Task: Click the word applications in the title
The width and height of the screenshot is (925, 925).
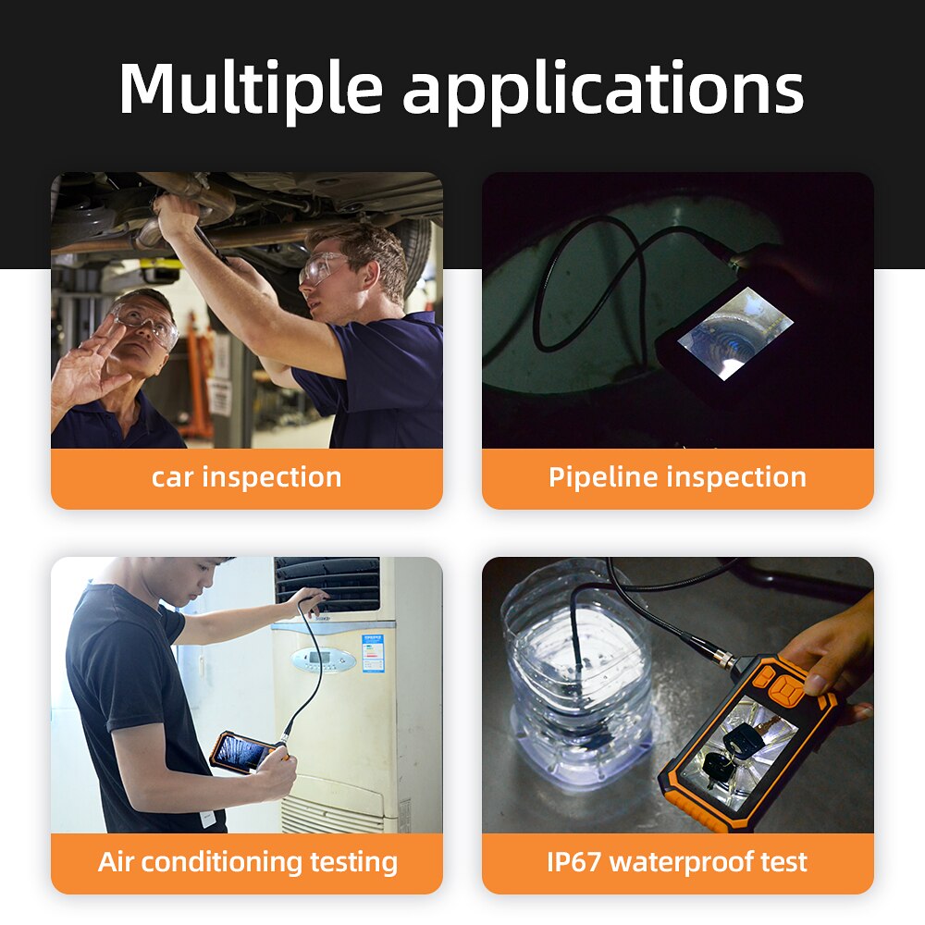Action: tap(603, 91)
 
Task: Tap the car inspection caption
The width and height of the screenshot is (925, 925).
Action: tap(246, 477)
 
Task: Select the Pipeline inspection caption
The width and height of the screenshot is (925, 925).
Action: tap(677, 477)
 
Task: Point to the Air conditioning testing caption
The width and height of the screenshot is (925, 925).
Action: tap(247, 862)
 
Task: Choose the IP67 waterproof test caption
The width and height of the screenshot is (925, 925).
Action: tap(677, 862)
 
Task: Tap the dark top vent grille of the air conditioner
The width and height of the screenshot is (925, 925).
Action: tap(328, 583)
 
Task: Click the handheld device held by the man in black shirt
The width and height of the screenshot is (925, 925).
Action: tap(242, 751)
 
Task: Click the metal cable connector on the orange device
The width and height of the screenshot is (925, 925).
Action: tap(721, 658)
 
